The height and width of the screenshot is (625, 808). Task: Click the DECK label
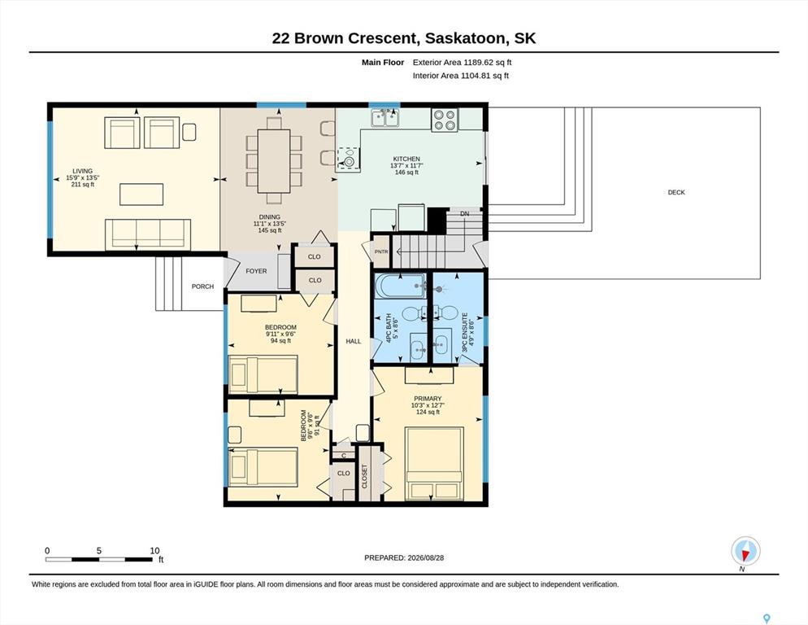click(676, 192)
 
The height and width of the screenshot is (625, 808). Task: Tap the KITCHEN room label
click(406, 159)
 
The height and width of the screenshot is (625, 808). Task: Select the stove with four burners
click(445, 120)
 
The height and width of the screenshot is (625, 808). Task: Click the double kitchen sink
click(385, 118)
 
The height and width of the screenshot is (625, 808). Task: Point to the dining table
click(274, 160)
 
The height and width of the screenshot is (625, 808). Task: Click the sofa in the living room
click(148, 234)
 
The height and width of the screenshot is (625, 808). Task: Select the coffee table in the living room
click(141, 194)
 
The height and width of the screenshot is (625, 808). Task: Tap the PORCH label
click(202, 286)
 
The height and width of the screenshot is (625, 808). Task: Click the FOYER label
click(256, 271)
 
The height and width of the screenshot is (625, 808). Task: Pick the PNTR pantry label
click(381, 251)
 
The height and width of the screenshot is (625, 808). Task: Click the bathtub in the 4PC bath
click(401, 286)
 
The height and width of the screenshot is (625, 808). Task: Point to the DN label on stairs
click(465, 214)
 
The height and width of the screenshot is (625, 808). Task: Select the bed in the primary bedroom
click(434, 463)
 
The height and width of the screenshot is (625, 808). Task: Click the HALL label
click(354, 341)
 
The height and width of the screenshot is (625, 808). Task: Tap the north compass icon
click(745, 552)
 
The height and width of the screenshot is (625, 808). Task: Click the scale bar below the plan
click(99, 559)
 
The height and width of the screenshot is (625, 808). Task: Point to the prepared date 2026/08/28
click(426, 558)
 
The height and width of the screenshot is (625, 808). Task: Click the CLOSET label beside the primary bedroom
click(365, 476)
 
